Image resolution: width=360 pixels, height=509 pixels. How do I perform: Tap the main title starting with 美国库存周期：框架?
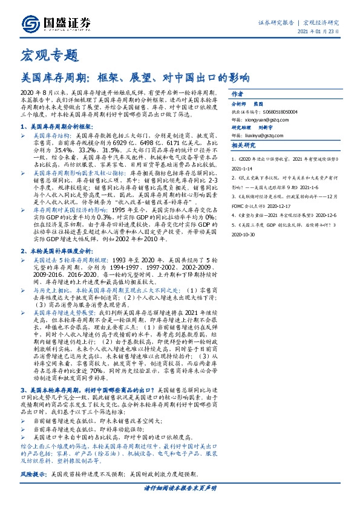point(136,77)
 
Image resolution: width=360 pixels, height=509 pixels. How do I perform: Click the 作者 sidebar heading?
point(237,94)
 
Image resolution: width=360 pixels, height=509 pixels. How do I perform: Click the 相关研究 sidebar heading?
point(244,145)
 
